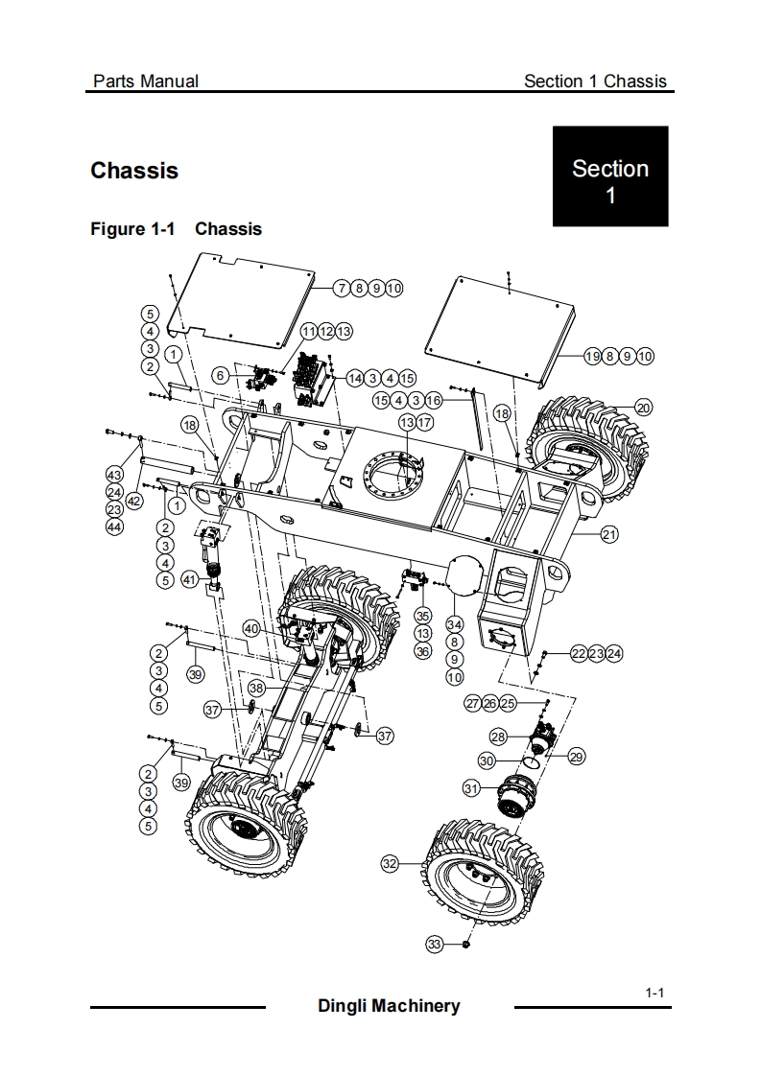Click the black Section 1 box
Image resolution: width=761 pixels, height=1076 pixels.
click(x=610, y=175)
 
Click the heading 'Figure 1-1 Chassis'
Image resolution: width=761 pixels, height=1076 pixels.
click(x=176, y=229)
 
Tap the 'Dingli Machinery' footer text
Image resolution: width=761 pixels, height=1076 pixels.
click(x=389, y=1006)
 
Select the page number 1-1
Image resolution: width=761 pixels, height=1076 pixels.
click(x=654, y=993)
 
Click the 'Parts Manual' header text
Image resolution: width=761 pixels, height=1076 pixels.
click(x=146, y=81)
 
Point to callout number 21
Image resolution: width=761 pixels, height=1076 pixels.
click(x=610, y=534)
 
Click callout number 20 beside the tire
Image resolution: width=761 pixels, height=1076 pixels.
click(x=643, y=408)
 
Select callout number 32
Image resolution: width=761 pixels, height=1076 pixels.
click(x=390, y=863)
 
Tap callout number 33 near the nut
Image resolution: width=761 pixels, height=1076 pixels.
click(x=434, y=945)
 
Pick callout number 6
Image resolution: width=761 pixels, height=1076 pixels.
click(x=220, y=375)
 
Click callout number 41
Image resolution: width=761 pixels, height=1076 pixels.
click(x=190, y=580)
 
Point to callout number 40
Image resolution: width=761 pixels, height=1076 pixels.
click(x=251, y=628)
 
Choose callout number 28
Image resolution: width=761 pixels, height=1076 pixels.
click(x=498, y=737)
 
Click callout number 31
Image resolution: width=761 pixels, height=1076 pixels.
click(x=471, y=788)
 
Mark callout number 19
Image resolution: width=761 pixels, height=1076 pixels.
click(x=593, y=356)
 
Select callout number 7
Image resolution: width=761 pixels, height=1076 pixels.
click(x=342, y=289)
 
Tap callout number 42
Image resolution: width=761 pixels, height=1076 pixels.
click(x=134, y=501)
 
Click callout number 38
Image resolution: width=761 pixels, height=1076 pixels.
click(x=256, y=688)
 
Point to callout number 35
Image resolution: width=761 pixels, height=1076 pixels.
click(x=423, y=617)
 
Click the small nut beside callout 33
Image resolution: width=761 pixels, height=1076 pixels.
click(x=466, y=945)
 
